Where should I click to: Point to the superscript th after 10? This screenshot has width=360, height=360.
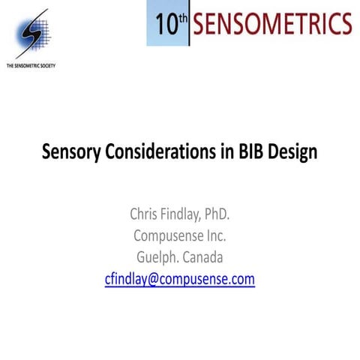(x=182, y=16)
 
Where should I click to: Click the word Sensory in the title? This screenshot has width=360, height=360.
(x=70, y=151)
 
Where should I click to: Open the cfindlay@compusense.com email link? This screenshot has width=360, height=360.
(x=180, y=279)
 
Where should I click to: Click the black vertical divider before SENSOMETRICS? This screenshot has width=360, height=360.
(x=189, y=23)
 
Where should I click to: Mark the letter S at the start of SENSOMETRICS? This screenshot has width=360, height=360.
(x=199, y=23)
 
